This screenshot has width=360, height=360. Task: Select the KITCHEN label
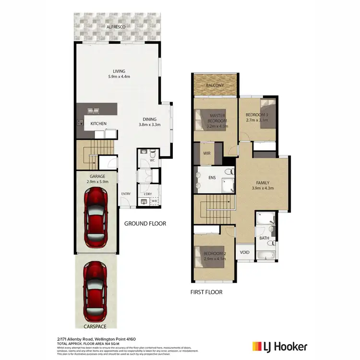(98, 124)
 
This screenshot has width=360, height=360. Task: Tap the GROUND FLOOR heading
(145, 224)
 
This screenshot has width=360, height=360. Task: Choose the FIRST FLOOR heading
(206, 291)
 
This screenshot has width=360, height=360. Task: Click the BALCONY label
(215, 85)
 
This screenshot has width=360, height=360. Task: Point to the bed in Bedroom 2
(203, 256)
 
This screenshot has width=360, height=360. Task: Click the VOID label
(244, 252)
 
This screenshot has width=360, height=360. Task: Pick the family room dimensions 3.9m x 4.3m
(263, 188)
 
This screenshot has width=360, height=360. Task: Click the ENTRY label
(126, 194)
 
